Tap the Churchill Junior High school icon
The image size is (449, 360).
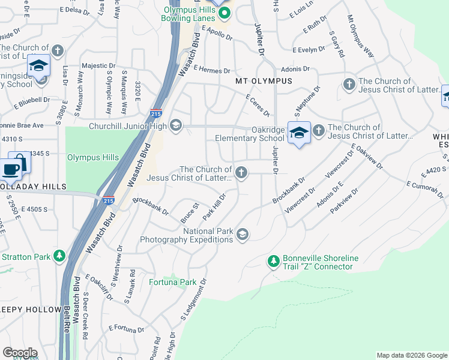click(176, 125)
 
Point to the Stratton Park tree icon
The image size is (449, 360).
click(59, 257)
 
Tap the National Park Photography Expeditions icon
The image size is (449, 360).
click(243, 235)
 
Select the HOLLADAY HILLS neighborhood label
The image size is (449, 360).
click(33, 187)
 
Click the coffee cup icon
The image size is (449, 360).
click(11, 169)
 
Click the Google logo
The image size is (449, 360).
click(20, 352)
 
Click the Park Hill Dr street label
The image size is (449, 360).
click(214, 205)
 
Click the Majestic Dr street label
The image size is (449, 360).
click(99, 66)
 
